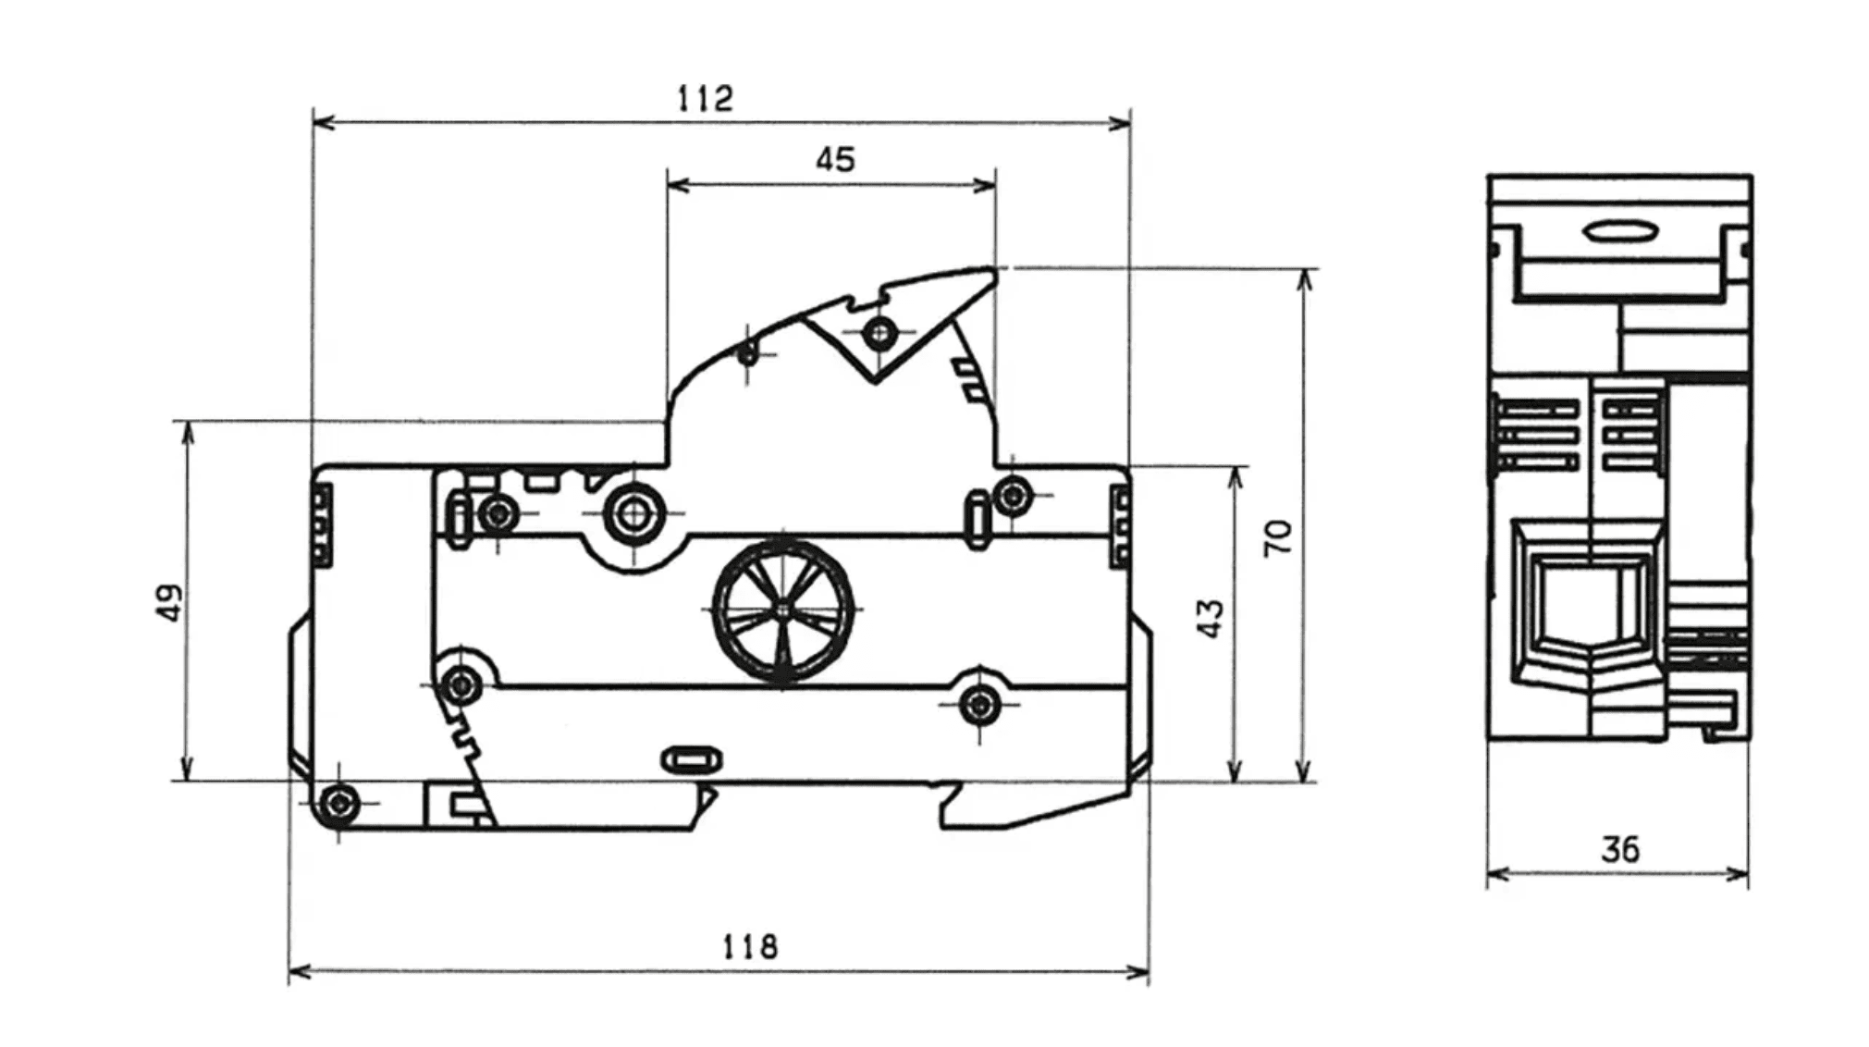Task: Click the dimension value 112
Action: point(705,98)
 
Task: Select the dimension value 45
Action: point(835,160)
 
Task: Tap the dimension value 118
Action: point(750,946)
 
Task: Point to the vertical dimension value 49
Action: point(170,602)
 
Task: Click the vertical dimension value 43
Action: point(1211,619)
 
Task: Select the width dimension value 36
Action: point(1620,849)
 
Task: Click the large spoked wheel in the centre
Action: point(783,610)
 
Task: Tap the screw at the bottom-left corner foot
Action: point(339,803)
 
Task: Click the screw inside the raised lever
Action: point(879,332)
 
